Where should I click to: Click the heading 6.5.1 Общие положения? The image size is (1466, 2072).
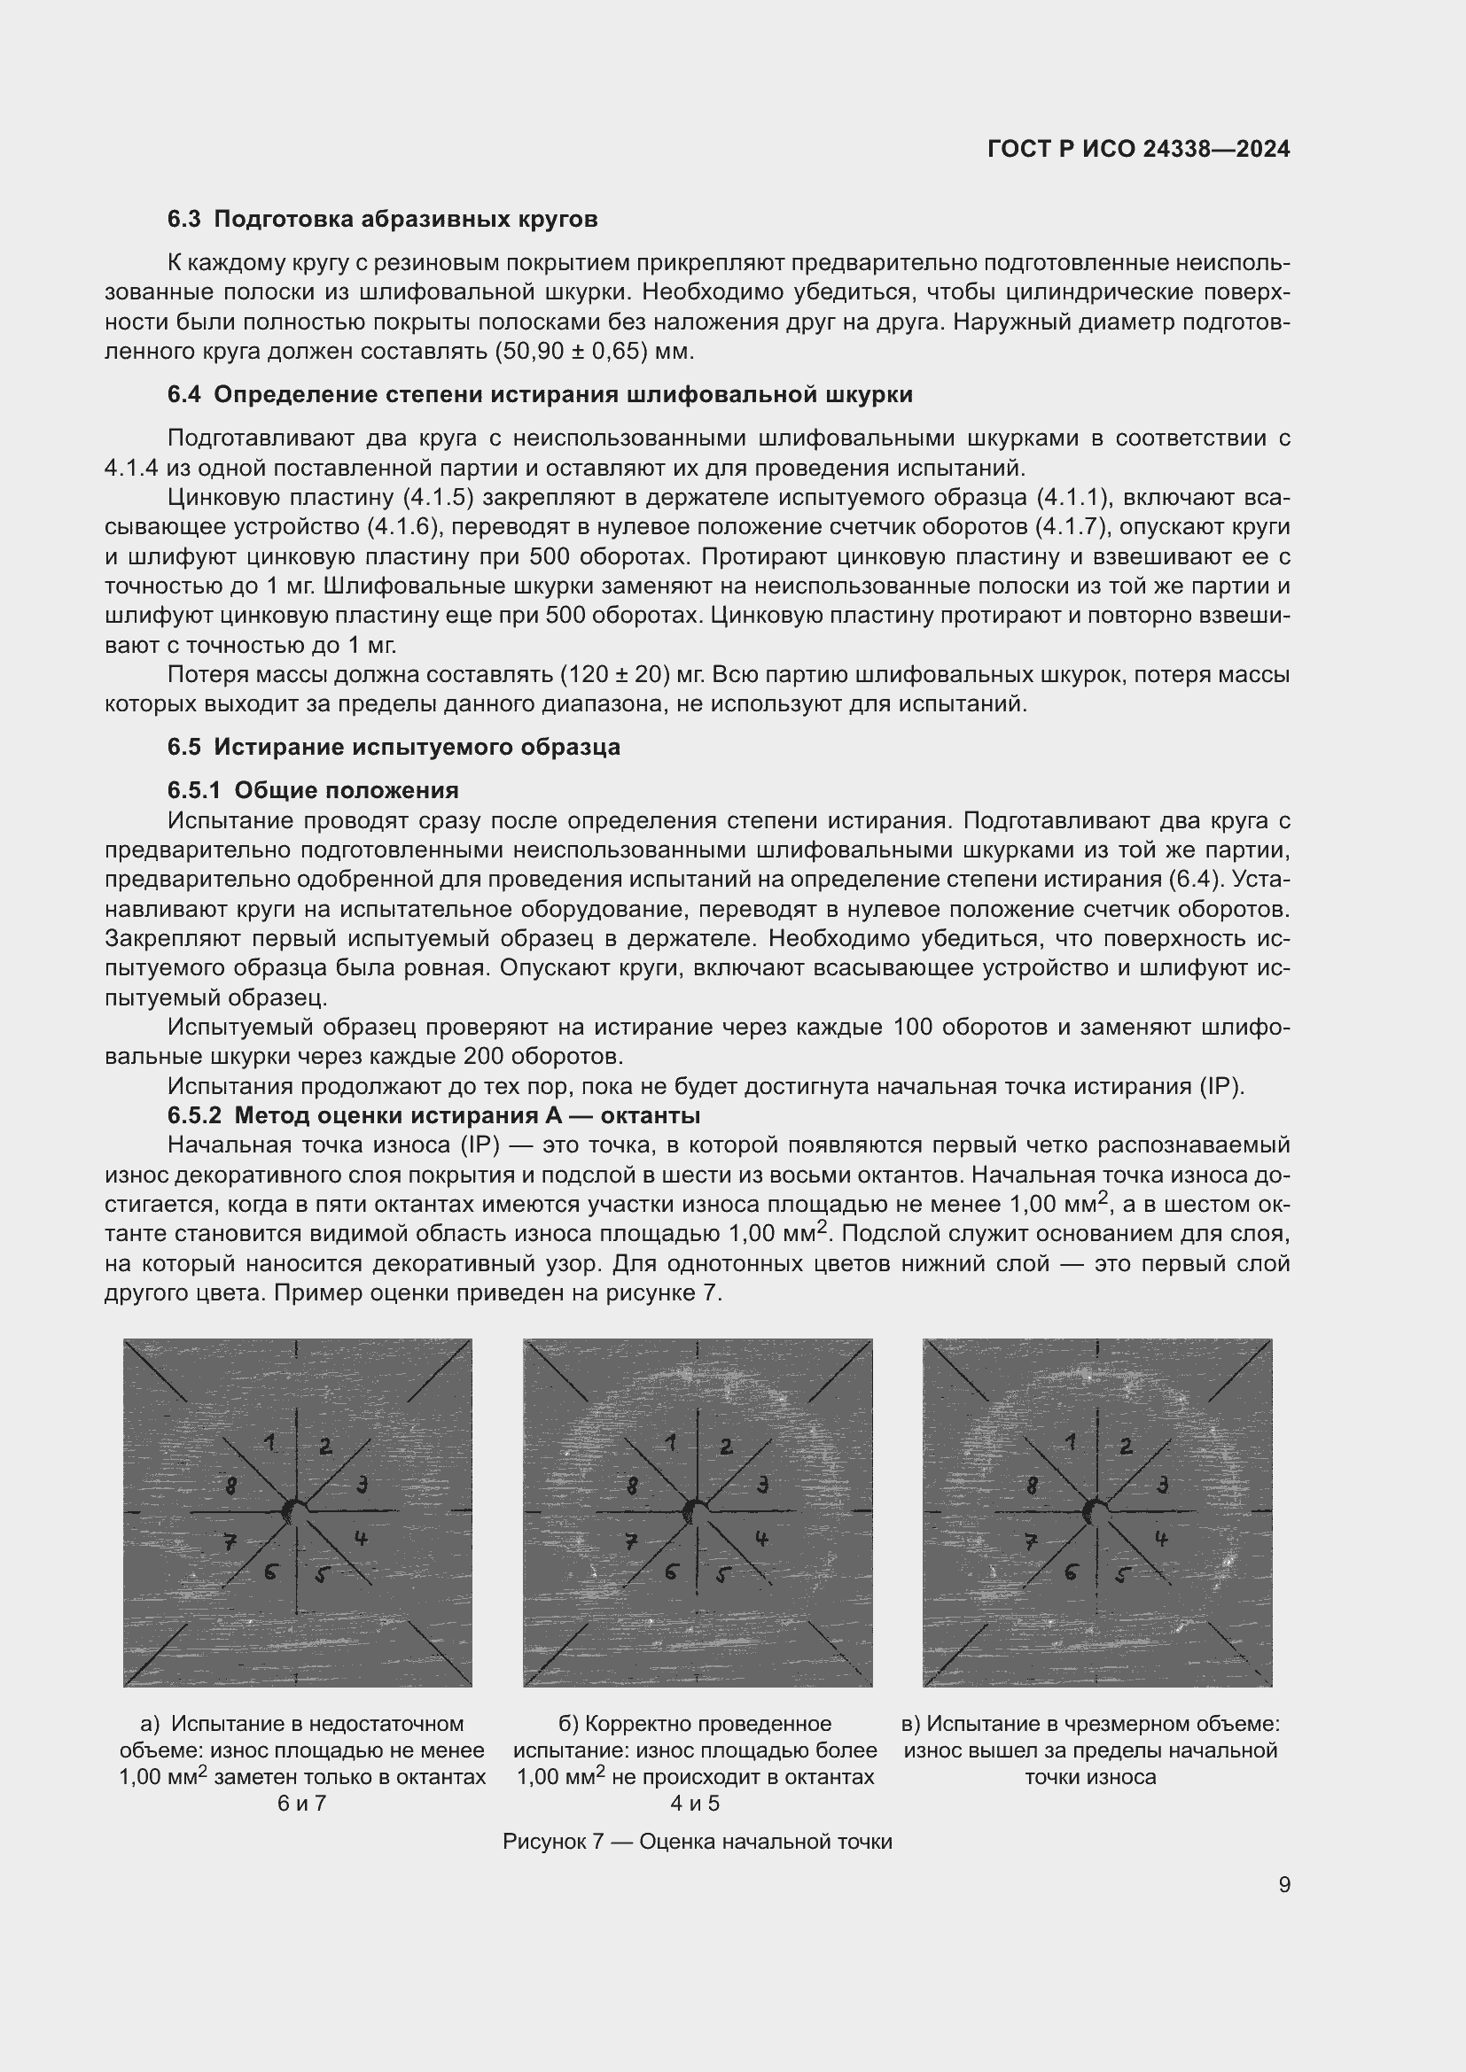click(312, 790)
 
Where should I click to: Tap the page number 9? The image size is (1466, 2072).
click(1283, 1885)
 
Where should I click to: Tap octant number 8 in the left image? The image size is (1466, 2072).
click(231, 1485)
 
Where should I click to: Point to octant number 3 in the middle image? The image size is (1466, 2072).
click(762, 1484)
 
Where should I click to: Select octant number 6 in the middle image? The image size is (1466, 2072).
click(671, 1572)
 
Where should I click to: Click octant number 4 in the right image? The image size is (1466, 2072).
click(1162, 1539)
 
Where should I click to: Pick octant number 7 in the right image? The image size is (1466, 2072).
click(1030, 1542)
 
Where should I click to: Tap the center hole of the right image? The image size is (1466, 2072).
click(1095, 1510)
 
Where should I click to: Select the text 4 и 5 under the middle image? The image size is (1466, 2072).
click(694, 1804)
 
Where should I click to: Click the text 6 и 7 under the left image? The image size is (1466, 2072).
click(301, 1804)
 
